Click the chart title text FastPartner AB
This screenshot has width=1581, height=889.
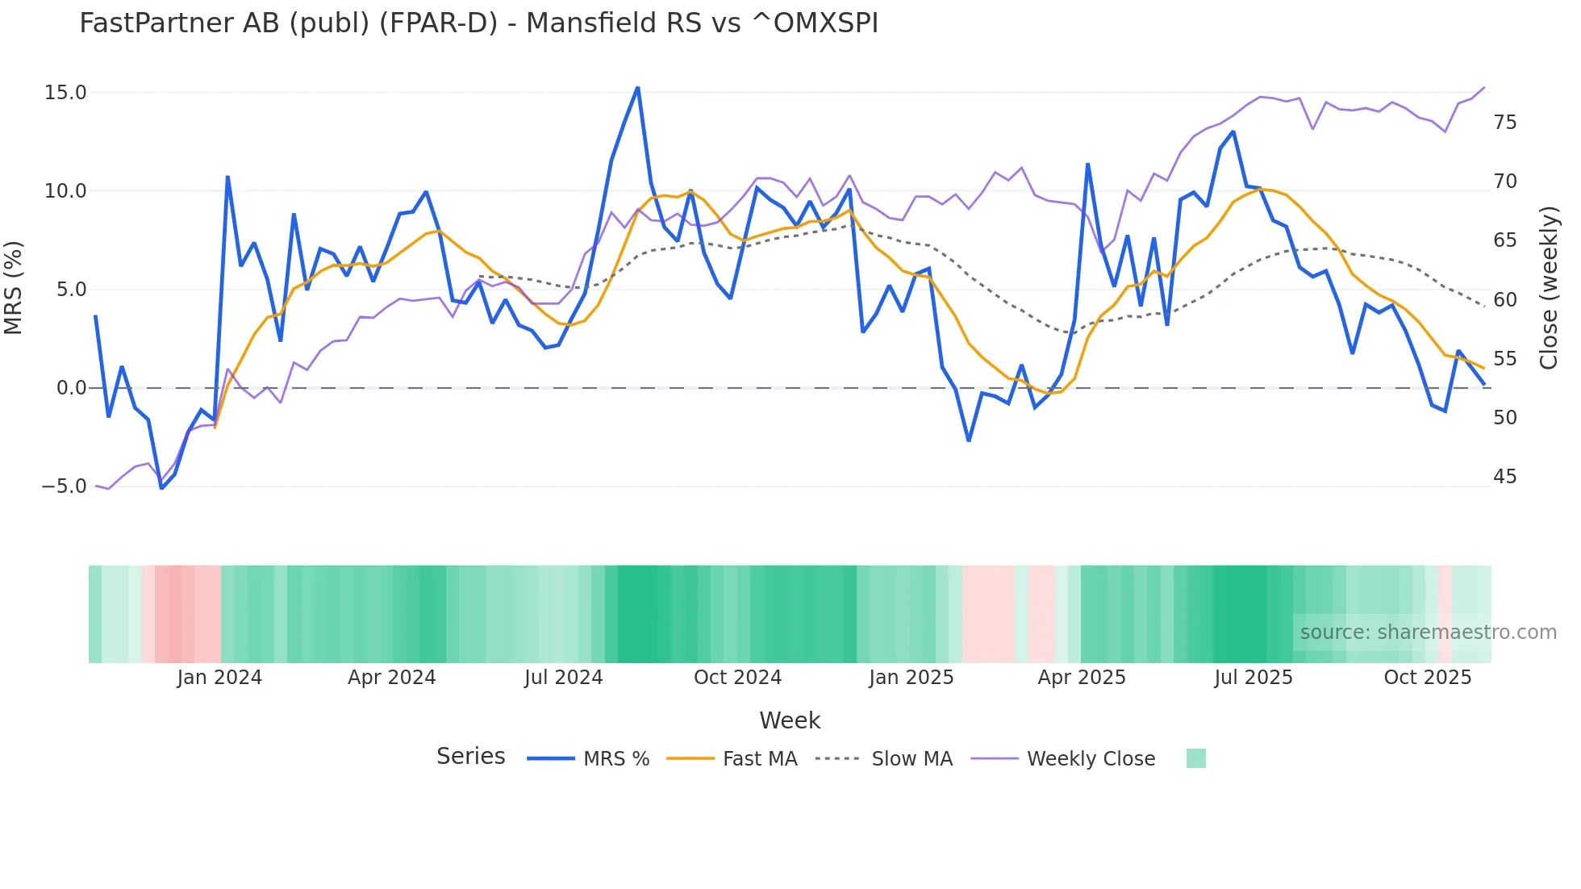pos(478,23)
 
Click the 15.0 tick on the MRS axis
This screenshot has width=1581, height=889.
pos(65,93)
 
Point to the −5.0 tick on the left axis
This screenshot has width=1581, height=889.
pos(64,486)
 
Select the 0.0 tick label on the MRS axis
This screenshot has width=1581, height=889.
pos(71,388)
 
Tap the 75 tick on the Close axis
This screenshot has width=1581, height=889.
pos(1504,123)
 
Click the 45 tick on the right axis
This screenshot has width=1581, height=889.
pos(1504,477)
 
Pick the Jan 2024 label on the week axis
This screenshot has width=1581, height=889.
pos(219,678)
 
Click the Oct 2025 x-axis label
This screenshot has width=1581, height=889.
pos(1427,678)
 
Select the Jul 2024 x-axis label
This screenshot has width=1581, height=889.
pos(563,678)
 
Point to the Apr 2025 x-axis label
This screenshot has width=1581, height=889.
pos(1081,678)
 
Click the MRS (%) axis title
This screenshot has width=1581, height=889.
pos(14,288)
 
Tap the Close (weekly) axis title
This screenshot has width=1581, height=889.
pos(1549,288)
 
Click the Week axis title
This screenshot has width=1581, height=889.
pos(790,720)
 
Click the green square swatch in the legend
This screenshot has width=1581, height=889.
pos(1195,758)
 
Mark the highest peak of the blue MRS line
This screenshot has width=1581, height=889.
pos(638,87)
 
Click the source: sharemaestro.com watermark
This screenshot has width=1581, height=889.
pos(1428,632)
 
